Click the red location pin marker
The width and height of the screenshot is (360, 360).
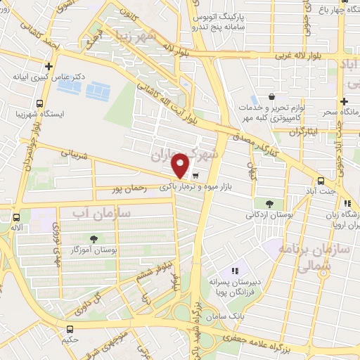[181, 165]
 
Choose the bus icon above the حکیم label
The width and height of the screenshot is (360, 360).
[70, 329]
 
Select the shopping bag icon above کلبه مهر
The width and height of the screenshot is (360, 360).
[272, 96]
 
